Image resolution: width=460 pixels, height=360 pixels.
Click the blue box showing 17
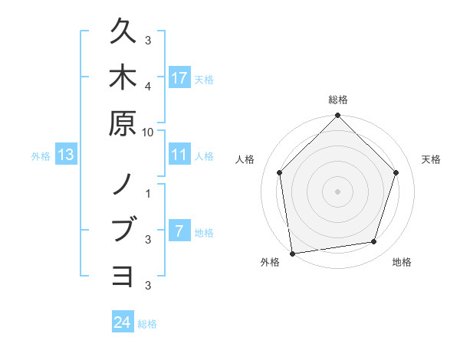tap(179, 78)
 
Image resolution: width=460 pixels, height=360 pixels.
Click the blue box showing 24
tap(123, 323)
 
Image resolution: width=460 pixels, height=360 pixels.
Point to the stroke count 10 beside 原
tap(148, 131)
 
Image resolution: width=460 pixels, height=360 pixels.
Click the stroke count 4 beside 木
tap(149, 86)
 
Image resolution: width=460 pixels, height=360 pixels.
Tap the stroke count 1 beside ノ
tap(149, 193)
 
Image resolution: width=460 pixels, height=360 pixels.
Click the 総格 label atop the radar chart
tap(338, 100)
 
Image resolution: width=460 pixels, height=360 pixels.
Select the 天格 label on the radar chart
tap(432, 159)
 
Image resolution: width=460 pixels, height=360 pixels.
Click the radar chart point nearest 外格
tap(292, 253)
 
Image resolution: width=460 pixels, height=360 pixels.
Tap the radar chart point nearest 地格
tap(374, 242)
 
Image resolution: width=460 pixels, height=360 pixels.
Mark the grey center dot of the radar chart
tap(337, 191)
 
